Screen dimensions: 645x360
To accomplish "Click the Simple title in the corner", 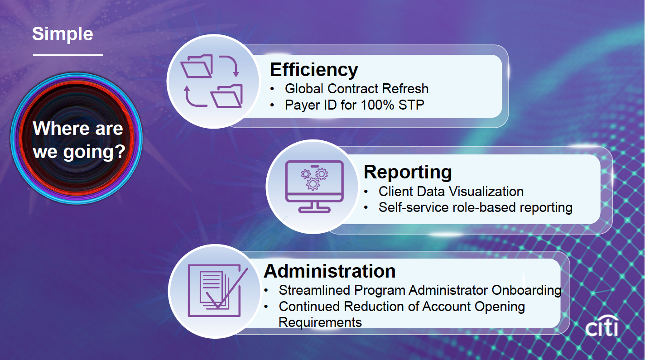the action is coord(63,34).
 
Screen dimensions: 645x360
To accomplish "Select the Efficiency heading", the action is coord(314,70).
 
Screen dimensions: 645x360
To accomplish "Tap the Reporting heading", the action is coord(408,173).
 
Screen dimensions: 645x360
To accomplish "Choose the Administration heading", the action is coord(330,271).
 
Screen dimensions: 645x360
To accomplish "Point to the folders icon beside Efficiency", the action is coord(212,81).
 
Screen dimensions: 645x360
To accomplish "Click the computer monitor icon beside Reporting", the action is coord(314,187).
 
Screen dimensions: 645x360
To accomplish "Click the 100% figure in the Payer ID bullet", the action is coord(377,105).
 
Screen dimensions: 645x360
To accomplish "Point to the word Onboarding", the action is coord(526,290).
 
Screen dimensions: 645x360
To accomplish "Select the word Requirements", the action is coord(320,322).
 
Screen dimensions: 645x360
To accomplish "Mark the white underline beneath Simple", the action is coord(68,55).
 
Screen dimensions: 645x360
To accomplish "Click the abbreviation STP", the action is coord(411,105).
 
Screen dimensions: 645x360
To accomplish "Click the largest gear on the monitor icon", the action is coord(313,184).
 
